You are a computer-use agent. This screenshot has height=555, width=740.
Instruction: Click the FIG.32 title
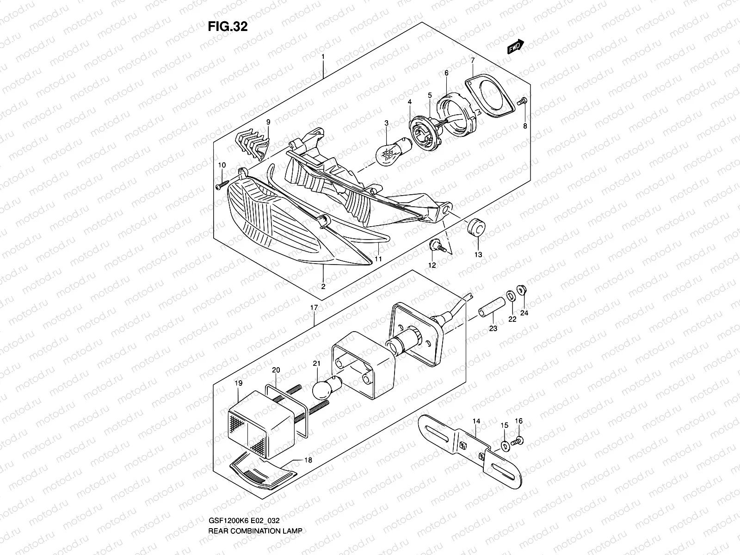[228, 27]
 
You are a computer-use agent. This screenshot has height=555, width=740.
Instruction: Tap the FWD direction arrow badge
[515, 47]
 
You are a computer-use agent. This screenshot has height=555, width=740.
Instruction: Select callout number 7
[472, 61]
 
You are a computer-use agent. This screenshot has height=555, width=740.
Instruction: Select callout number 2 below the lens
[323, 286]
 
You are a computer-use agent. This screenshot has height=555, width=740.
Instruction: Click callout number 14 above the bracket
[476, 421]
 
